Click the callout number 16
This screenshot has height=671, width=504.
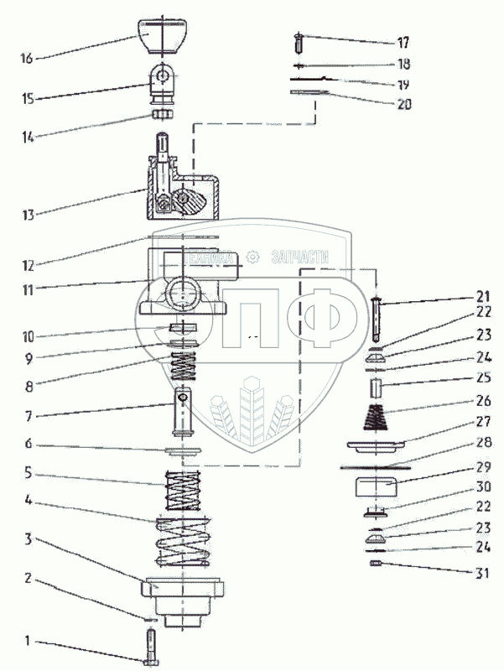pos(26,59)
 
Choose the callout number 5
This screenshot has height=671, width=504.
pos(29,471)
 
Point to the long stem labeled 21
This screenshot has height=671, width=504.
pos(377,318)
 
